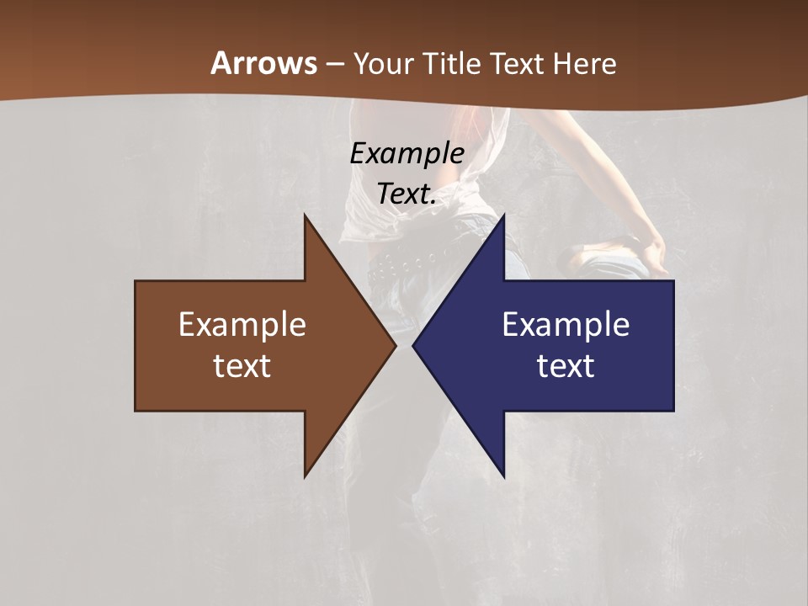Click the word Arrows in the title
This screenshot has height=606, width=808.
263,63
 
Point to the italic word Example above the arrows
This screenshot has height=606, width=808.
407,153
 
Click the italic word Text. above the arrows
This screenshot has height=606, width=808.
407,194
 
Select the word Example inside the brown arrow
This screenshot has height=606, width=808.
242,324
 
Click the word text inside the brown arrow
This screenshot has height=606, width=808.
242,365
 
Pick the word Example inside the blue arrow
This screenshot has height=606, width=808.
566,324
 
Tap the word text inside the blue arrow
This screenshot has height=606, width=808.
566,365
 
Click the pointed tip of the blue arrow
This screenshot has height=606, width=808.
414,345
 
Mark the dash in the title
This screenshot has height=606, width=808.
334,64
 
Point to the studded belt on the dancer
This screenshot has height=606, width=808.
404,263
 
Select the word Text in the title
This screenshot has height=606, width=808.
513,63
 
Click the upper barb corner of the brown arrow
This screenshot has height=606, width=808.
305,215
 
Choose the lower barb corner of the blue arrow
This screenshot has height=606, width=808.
503,476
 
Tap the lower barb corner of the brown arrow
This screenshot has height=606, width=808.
305,476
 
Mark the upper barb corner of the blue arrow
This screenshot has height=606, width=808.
503,215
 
